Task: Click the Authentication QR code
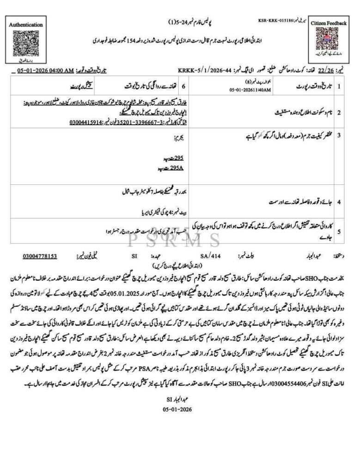[26, 42]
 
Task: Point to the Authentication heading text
[26, 24]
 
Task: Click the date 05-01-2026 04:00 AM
[45, 71]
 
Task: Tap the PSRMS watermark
[179, 240]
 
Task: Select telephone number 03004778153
[40, 255]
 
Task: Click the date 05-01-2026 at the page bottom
[177, 409]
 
